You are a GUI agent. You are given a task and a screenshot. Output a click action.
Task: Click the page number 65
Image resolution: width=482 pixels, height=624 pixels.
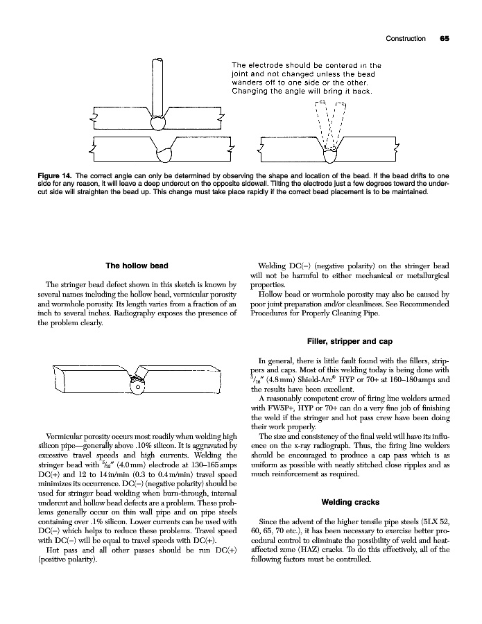pyautogui.click(x=444, y=39)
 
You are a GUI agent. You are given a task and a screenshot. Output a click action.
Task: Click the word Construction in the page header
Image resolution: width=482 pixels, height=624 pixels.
pyautogui.click(x=406, y=39)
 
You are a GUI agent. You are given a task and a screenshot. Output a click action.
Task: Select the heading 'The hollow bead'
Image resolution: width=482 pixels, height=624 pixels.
pyautogui.click(x=137, y=266)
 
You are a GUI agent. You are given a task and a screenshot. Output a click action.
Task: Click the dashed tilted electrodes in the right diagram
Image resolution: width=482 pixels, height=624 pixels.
pyautogui.click(x=330, y=121)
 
